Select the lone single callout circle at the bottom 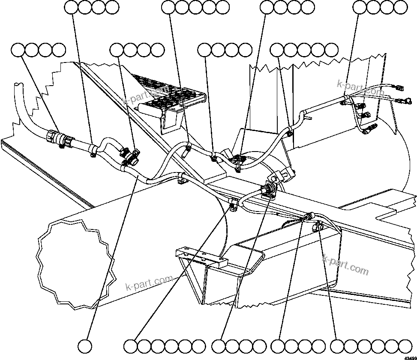click(86, 345)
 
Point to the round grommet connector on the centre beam click(270, 190)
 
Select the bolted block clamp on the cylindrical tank click(282, 175)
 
